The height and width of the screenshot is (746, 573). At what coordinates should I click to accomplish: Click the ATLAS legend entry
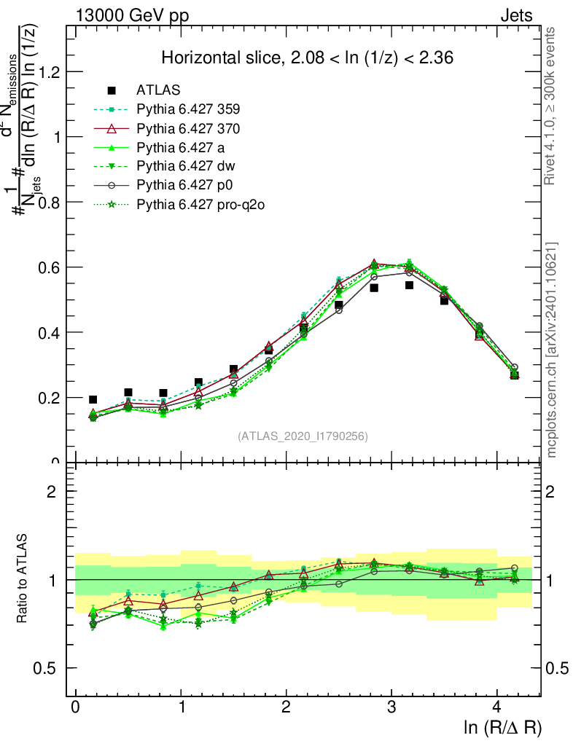pyautogui.click(x=158, y=90)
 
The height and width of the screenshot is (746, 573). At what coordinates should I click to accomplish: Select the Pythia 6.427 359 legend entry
pyautogui.click(x=188, y=109)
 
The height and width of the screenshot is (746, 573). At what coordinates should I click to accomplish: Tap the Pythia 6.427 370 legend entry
pyautogui.click(x=188, y=128)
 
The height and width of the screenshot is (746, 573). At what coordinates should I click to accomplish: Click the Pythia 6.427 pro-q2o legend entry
pyautogui.click(x=200, y=204)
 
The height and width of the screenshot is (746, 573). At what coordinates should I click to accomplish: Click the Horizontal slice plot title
pyautogui.click(x=308, y=58)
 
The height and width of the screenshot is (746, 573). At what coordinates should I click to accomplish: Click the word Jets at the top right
pyautogui.click(x=515, y=15)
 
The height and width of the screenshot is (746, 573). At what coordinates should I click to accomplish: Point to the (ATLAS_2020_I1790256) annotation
pyautogui.click(x=303, y=436)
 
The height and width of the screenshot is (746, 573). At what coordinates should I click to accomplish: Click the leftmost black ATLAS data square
pyautogui.click(x=93, y=399)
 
